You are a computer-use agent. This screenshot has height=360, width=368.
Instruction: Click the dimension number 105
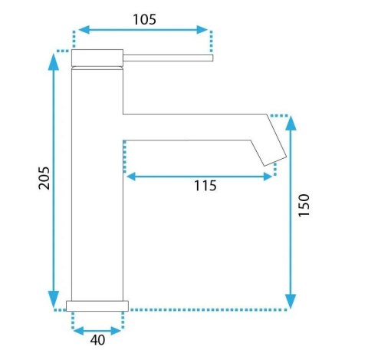[x=143, y=19]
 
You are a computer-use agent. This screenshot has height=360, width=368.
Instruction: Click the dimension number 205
[x=44, y=180]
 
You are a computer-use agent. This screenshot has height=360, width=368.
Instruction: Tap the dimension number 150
[x=304, y=206]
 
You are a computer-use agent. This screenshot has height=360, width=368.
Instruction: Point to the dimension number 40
[x=97, y=340]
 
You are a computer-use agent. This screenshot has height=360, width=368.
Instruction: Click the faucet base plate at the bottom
[x=97, y=305]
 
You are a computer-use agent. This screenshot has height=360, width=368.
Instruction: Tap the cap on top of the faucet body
[x=97, y=58]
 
